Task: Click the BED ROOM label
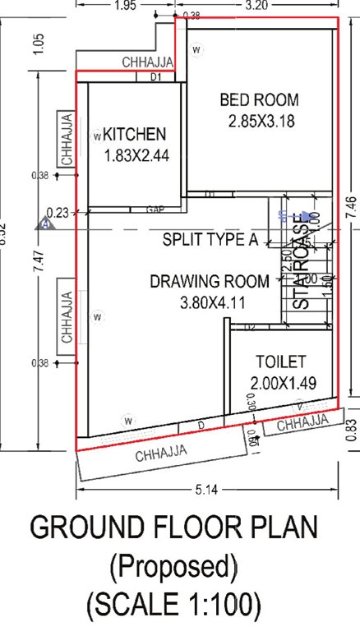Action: tap(259, 101)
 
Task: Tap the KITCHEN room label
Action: tap(135, 134)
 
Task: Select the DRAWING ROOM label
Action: tap(209, 282)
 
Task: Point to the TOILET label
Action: tap(280, 362)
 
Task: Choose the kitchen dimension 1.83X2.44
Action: tap(136, 155)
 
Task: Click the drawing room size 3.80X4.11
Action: tap(213, 302)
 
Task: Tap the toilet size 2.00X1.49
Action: tap(283, 382)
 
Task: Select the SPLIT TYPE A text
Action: tap(210, 241)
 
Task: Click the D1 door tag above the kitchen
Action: tap(156, 77)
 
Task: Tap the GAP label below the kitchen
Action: tap(155, 210)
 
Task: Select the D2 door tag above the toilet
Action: tap(251, 328)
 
